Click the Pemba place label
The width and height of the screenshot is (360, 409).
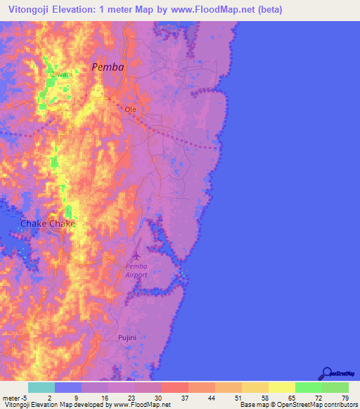click(x=108, y=67)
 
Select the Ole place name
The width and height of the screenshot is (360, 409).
click(x=130, y=110)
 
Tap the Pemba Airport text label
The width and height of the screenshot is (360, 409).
click(x=136, y=271)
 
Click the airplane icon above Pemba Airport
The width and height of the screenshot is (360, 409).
click(x=136, y=255)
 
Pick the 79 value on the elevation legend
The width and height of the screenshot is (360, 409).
click(x=345, y=398)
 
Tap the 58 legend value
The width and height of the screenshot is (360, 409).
click(x=266, y=398)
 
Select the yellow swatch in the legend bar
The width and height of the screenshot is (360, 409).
click(x=281, y=387)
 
